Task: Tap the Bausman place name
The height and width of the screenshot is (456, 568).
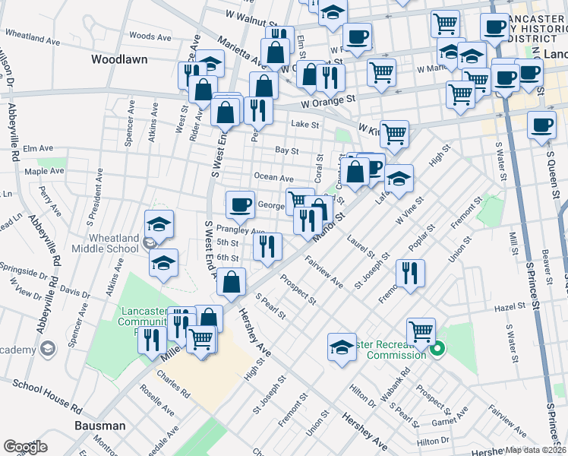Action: [x=99, y=426]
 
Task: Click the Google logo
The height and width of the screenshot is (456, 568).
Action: [x=25, y=447]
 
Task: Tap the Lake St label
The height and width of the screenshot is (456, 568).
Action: [x=305, y=125]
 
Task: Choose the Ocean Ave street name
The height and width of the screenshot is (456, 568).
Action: [x=273, y=177]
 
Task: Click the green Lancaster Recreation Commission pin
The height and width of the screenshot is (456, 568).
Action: [x=437, y=350]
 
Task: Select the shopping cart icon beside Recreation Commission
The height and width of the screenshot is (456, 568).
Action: [x=421, y=331]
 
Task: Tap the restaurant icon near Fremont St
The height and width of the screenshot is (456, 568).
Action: [x=410, y=273]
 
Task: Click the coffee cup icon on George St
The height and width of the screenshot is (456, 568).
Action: [x=241, y=203]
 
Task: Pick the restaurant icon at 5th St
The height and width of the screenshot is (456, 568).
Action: [x=267, y=245]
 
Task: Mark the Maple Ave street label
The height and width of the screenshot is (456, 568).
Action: [x=44, y=172]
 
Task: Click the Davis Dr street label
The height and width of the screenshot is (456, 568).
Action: [x=76, y=291]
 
